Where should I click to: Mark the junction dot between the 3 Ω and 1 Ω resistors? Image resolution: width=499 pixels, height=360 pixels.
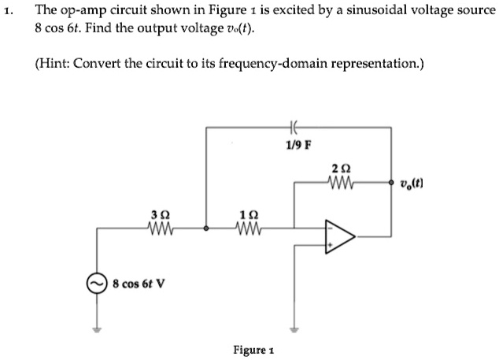click(x=206, y=229)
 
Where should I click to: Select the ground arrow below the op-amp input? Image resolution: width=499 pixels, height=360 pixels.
click(x=295, y=329)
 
